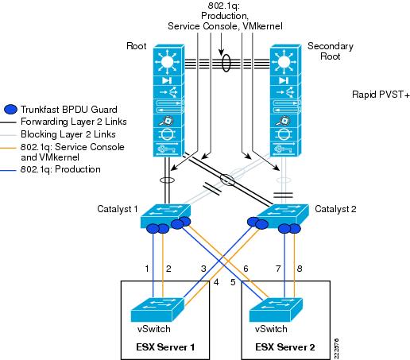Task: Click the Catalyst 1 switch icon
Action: (165, 216)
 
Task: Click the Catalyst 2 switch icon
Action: (284, 216)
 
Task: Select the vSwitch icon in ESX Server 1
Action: (157, 310)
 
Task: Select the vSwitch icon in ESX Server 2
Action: (276, 310)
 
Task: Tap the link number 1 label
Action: (147, 269)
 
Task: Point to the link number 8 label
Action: (300, 269)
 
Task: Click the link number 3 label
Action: (203, 269)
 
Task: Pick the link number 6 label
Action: (246, 269)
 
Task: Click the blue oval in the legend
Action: (11, 110)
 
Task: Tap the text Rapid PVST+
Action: (381, 95)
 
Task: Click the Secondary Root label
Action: (331, 51)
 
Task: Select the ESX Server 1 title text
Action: (165, 347)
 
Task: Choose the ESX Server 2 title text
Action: (285, 347)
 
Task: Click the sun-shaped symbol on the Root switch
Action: (168, 62)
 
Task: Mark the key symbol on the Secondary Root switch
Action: (284, 149)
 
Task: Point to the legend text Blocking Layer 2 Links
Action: (68, 134)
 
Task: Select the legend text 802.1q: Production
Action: (60, 169)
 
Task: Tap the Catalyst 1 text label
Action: (118, 209)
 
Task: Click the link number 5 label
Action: (233, 282)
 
